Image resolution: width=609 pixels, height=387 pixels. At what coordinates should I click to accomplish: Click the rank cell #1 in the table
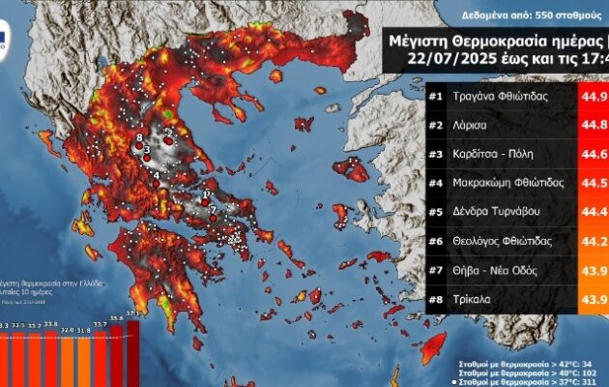click(x=437, y=96)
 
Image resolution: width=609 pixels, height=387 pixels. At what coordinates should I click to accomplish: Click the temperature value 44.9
click(x=591, y=96)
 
